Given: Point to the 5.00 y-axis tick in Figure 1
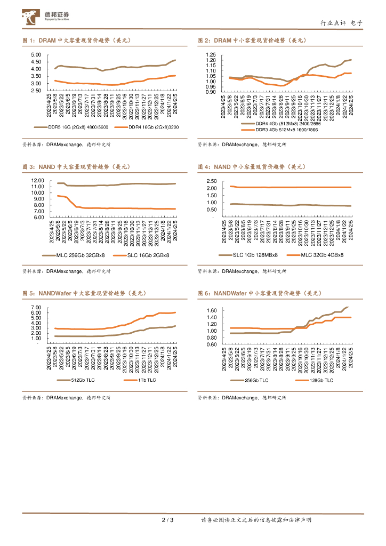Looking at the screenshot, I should click(x=36, y=55).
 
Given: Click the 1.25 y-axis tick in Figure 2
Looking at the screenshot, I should click(x=210, y=55).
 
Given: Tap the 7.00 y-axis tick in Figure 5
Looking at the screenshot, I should click(x=36, y=308).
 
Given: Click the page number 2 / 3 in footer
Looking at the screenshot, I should click(x=167, y=520).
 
